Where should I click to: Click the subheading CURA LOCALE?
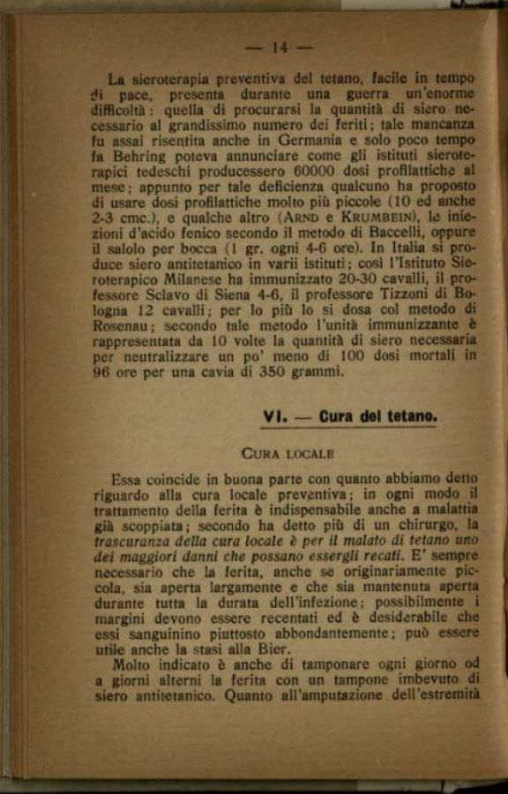[288, 454]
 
